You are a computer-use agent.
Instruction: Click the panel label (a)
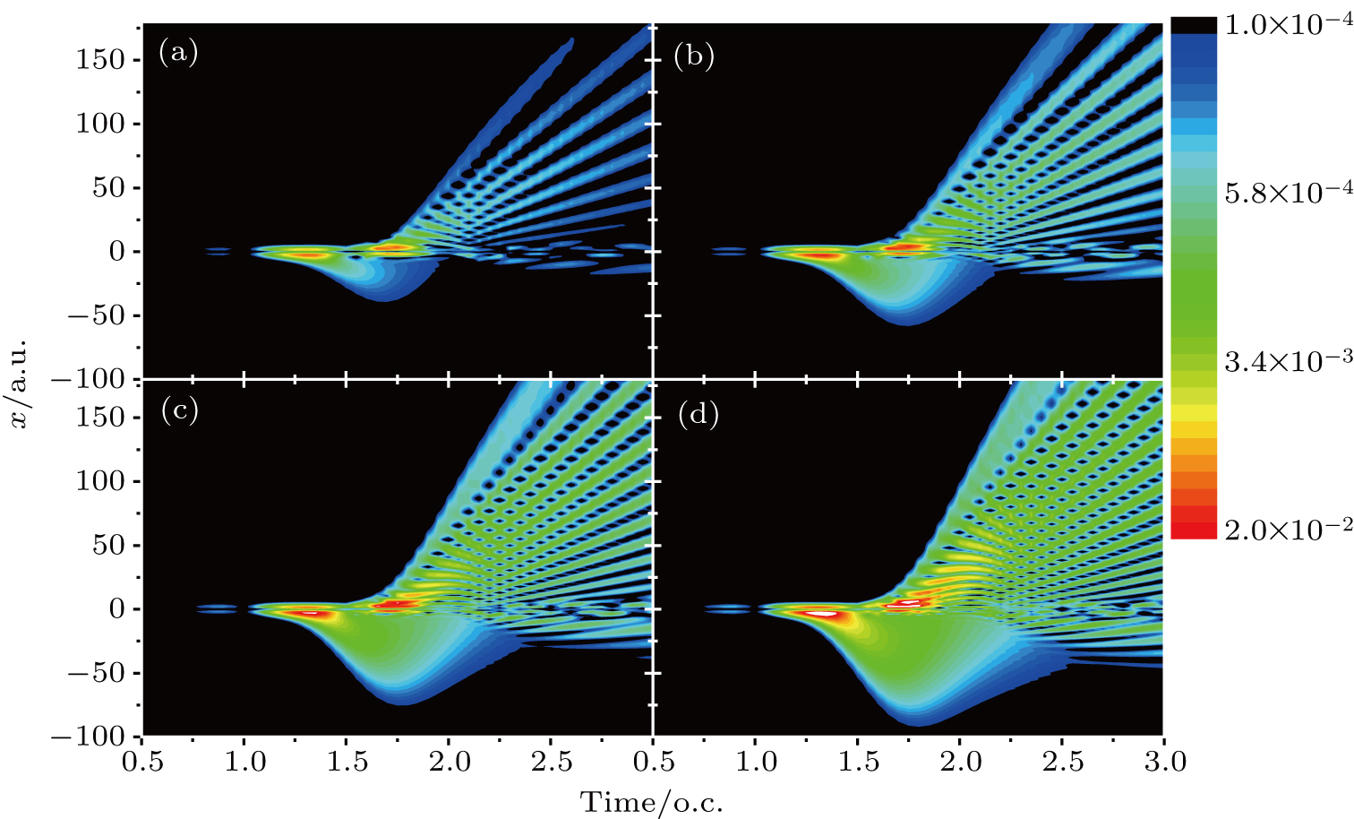click(178, 53)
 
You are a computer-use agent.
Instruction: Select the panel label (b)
click(694, 56)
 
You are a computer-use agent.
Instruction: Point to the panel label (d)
click(698, 415)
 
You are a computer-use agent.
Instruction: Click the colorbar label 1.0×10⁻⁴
click(1288, 24)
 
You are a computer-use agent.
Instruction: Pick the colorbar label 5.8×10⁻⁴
click(1288, 193)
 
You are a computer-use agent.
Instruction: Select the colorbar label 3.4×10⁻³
click(1288, 361)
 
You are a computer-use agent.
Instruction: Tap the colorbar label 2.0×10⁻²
click(1288, 530)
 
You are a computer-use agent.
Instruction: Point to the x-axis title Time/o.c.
click(652, 802)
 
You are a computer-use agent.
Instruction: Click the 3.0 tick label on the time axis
click(1163, 763)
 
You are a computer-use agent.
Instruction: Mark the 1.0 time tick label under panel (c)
click(244, 763)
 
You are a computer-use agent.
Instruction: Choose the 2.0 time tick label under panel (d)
click(959, 763)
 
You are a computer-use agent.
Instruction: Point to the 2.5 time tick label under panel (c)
click(551, 763)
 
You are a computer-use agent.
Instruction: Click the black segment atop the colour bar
click(1194, 26)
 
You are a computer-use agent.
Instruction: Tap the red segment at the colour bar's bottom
click(1194, 530)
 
